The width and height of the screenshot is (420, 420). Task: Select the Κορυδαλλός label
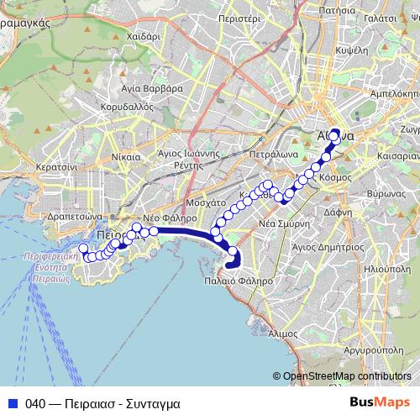point(124,108)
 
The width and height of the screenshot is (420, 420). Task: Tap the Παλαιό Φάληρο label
point(239,281)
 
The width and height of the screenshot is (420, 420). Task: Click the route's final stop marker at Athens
point(335,134)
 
